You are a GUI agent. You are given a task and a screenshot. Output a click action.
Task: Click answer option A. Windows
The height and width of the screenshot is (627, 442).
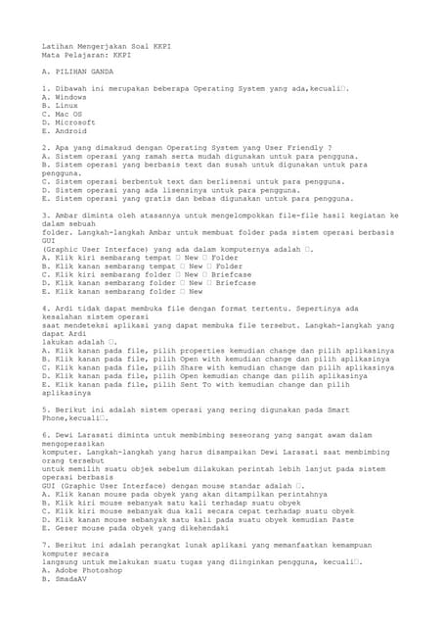65,97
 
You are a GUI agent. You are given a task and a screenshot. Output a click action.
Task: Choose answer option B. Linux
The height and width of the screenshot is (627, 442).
60,105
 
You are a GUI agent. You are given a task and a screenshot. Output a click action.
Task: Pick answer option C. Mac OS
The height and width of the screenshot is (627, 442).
63,114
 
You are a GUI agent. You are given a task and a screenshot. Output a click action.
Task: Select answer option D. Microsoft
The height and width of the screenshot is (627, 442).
69,122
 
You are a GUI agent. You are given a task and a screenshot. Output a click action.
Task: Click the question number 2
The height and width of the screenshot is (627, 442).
45,148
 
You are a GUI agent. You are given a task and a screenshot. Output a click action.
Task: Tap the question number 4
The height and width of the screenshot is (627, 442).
45,308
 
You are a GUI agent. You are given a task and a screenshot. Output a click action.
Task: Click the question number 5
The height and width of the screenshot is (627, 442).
45,409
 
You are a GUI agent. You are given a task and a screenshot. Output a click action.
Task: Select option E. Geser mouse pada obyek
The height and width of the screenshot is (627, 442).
136,526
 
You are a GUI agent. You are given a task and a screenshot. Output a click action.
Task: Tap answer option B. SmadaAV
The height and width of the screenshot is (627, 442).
69,579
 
